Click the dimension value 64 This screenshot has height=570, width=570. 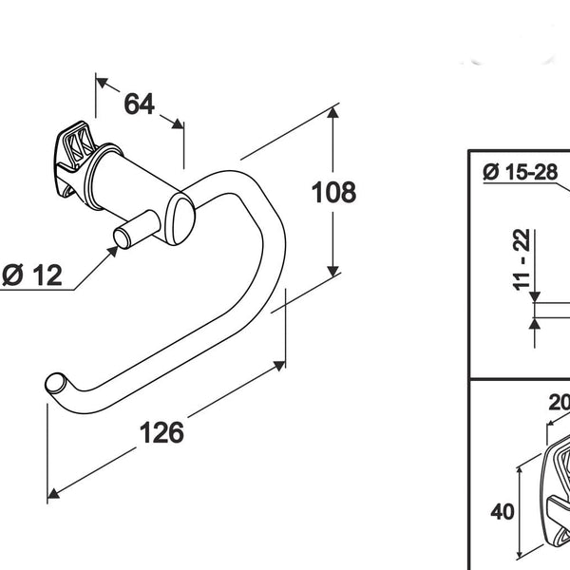tap(139, 104)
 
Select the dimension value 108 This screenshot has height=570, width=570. tap(333, 192)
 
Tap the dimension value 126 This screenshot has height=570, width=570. tap(161, 432)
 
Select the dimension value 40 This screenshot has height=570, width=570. tap(503, 512)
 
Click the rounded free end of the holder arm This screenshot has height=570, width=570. tap(54, 384)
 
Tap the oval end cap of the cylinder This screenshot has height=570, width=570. tap(181, 216)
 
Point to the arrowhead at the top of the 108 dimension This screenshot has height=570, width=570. tap(332, 111)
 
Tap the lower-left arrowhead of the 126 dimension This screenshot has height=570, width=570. tap(53, 495)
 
